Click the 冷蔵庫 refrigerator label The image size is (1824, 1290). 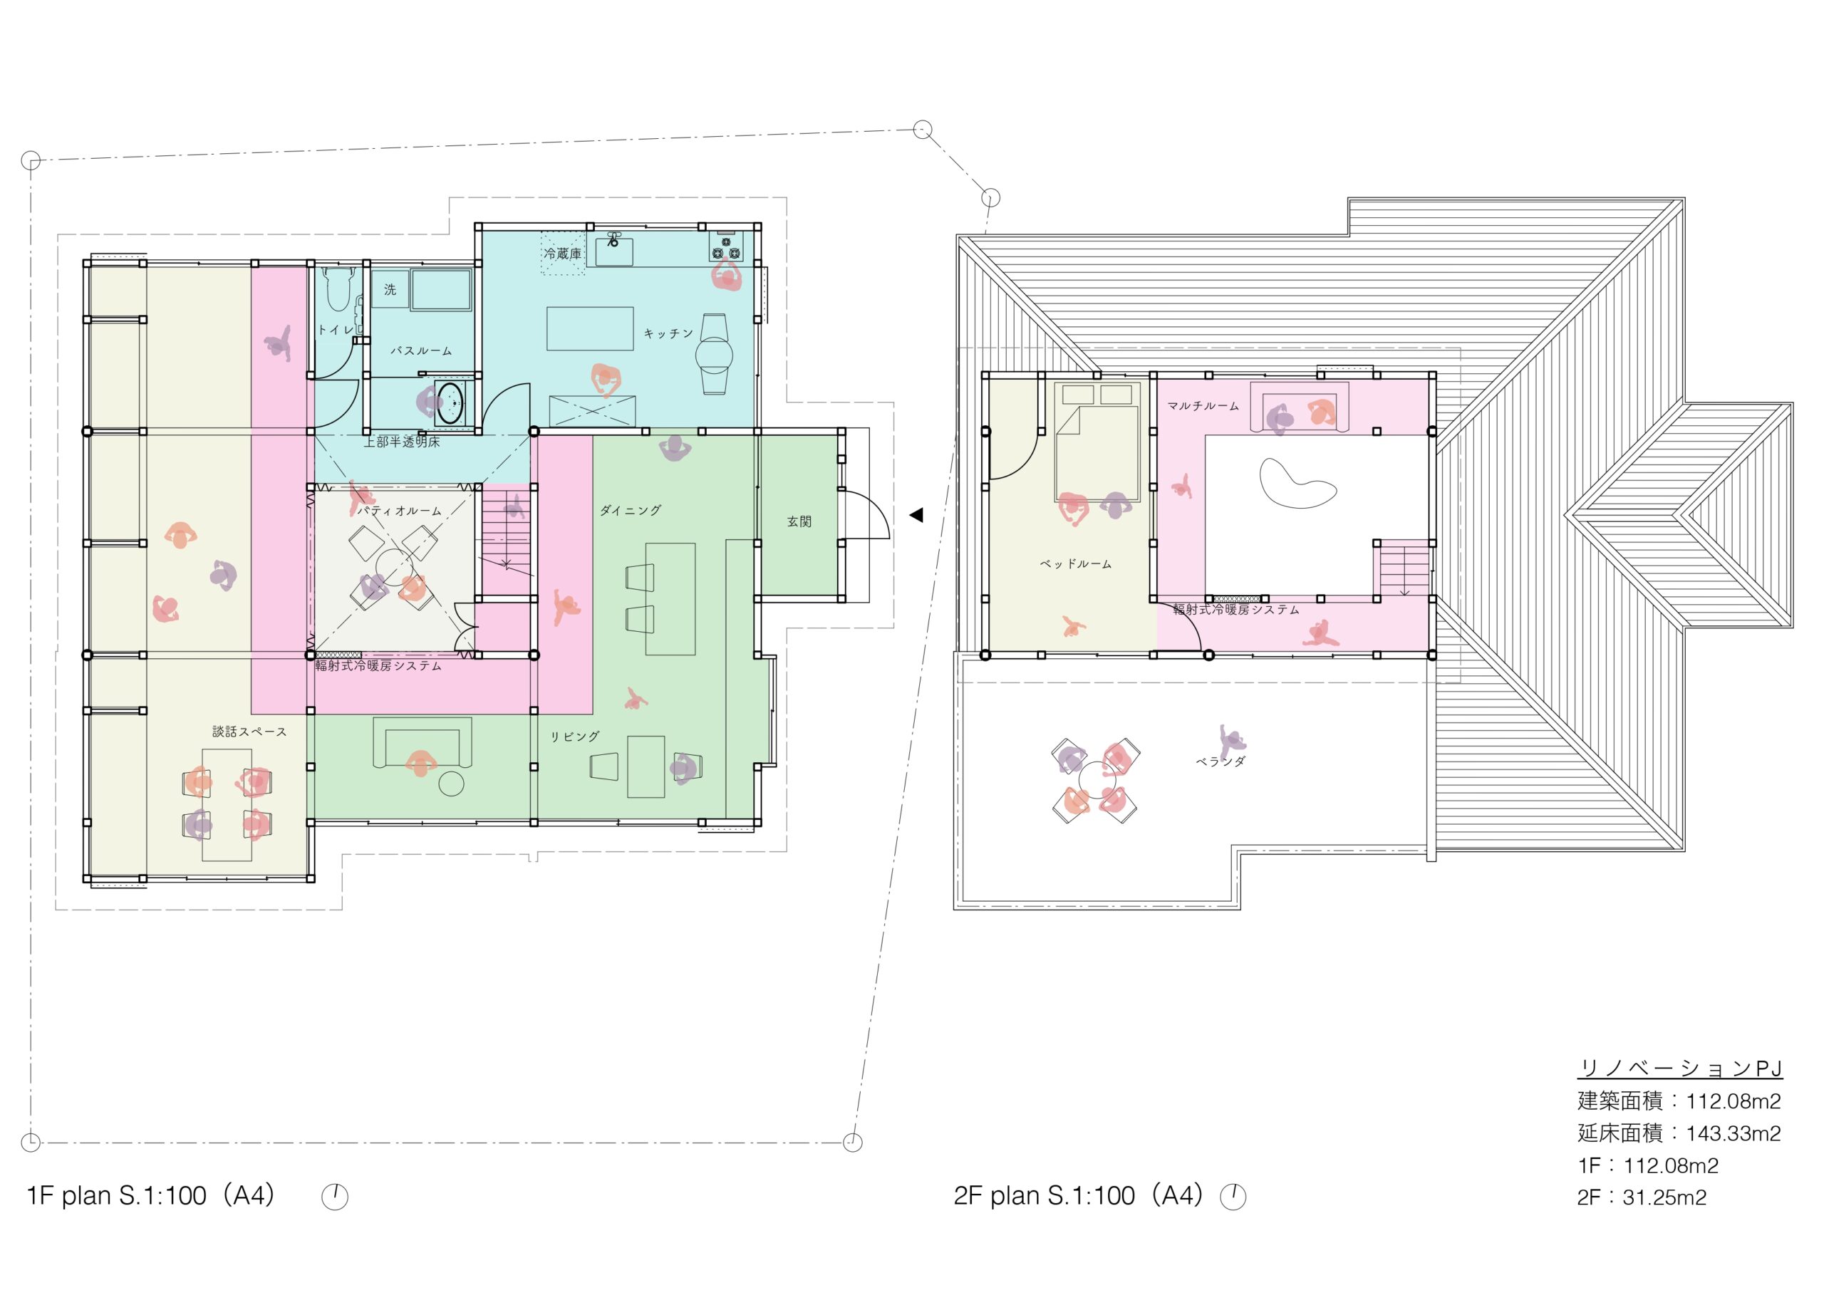pyautogui.click(x=562, y=254)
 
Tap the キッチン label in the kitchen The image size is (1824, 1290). pyautogui.click(x=668, y=333)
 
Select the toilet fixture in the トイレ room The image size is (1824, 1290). pyautogui.click(x=338, y=290)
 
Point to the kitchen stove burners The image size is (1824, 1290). pyautogui.click(x=725, y=249)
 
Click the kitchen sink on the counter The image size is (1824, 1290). pyautogui.click(x=614, y=251)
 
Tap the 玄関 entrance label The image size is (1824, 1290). pyautogui.click(x=799, y=522)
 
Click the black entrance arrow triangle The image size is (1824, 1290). pyautogui.click(x=916, y=515)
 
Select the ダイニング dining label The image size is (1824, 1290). pyautogui.click(x=630, y=511)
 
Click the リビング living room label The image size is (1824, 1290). pyautogui.click(x=575, y=737)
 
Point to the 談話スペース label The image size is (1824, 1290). pyautogui.click(x=249, y=732)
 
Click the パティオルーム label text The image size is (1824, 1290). pyautogui.click(x=399, y=511)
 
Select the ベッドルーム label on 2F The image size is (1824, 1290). pyautogui.click(x=1076, y=564)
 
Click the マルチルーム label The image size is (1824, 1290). pyautogui.click(x=1203, y=406)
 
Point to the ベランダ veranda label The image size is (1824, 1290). pyautogui.click(x=1221, y=761)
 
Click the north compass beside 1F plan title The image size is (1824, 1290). pyautogui.click(x=334, y=1196)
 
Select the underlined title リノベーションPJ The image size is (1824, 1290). pyautogui.click(x=1679, y=1068)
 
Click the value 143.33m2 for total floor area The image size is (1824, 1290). pyautogui.click(x=1734, y=1133)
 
